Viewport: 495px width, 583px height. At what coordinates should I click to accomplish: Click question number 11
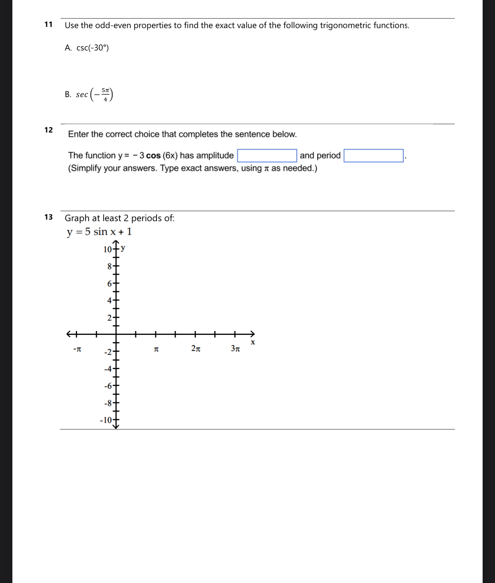click(49, 25)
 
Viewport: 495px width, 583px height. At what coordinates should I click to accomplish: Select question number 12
click(49, 130)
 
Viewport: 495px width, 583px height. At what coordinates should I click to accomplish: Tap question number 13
click(49, 217)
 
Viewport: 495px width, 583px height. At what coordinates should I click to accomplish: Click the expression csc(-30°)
click(93, 48)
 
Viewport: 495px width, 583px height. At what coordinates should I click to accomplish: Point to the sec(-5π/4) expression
click(94, 94)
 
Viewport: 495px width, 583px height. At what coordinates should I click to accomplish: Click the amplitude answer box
click(267, 156)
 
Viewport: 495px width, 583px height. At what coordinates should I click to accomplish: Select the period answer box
click(373, 156)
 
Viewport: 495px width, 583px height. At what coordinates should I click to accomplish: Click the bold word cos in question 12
click(153, 156)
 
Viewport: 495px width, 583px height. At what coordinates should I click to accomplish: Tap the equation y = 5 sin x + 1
click(99, 232)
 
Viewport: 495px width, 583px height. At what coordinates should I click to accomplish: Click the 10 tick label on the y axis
click(108, 249)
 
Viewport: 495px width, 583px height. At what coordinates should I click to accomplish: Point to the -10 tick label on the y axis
click(106, 420)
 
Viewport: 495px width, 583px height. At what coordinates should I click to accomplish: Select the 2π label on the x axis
click(196, 349)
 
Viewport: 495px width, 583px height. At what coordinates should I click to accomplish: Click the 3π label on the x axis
click(236, 349)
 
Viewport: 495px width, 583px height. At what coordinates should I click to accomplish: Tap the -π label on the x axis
click(77, 349)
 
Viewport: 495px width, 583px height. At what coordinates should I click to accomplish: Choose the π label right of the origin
click(156, 349)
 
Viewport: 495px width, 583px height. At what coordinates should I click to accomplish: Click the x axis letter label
click(253, 342)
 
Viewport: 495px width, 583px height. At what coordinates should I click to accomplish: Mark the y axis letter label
click(123, 248)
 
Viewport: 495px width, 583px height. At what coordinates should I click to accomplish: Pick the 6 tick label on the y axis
click(109, 284)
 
